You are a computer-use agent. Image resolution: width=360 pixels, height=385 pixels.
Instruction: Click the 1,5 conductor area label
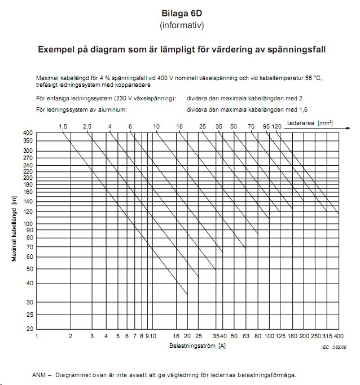click(63, 127)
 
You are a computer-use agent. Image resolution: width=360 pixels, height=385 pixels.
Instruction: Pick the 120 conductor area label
click(276, 127)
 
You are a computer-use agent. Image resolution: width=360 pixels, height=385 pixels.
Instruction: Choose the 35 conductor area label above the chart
click(219, 127)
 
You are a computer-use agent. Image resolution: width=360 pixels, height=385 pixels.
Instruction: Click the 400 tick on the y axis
click(28, 132)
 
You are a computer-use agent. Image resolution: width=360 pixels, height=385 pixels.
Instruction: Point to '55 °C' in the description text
click(310, 78)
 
